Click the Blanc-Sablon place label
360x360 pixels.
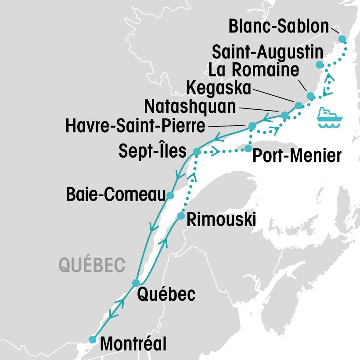pos(279,27)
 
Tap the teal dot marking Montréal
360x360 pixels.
pos(92,339)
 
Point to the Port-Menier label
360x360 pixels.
pos(297,155)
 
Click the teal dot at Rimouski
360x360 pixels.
pos(180,216)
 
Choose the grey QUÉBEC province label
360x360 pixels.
pos(92,265)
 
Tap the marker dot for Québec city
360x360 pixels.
pos(136,282)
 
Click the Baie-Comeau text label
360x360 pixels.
pos(115,194)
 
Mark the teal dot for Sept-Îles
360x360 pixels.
pos(197,152)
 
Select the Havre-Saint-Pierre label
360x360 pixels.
pos(135,127)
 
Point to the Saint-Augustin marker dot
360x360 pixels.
pos(320,65)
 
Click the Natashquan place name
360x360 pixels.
pos(190,106)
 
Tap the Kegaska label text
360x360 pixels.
pos(218,88)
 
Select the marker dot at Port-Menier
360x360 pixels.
pos(248,149)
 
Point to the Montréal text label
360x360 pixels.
pos(133,343)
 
